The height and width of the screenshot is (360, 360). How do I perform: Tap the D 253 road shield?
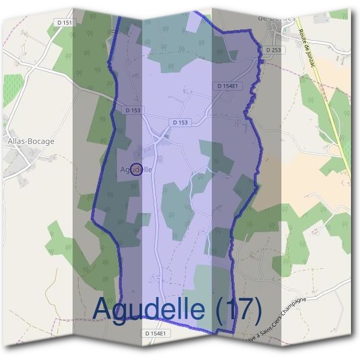click(x=273, y=50)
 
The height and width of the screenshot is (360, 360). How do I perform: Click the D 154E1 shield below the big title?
click(x=158, y=333)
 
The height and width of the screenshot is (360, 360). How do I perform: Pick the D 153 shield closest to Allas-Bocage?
click(x=133, y=110)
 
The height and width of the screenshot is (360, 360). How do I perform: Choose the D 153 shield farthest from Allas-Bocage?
click(x=180, y=122)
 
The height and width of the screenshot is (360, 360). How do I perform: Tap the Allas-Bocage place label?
click(x=31, y=142)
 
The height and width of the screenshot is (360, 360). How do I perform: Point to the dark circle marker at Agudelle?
click(x=136, y=169)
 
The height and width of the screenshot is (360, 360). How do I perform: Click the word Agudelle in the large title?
click(x=150, y=310)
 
